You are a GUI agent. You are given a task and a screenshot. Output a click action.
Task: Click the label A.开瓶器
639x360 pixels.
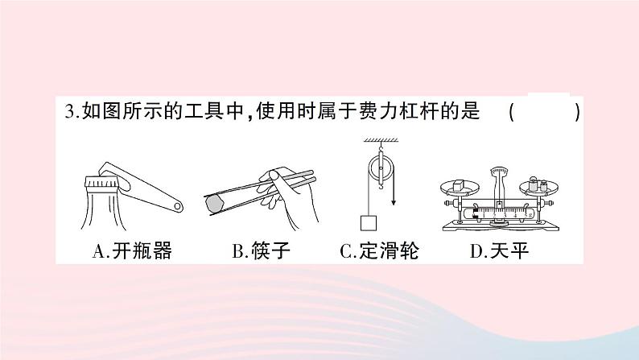(x=133, y=252)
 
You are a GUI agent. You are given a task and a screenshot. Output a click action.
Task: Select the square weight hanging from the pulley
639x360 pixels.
(x=369, y=221)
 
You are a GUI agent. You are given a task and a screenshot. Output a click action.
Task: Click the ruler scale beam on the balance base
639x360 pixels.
(x=500, y=213)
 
